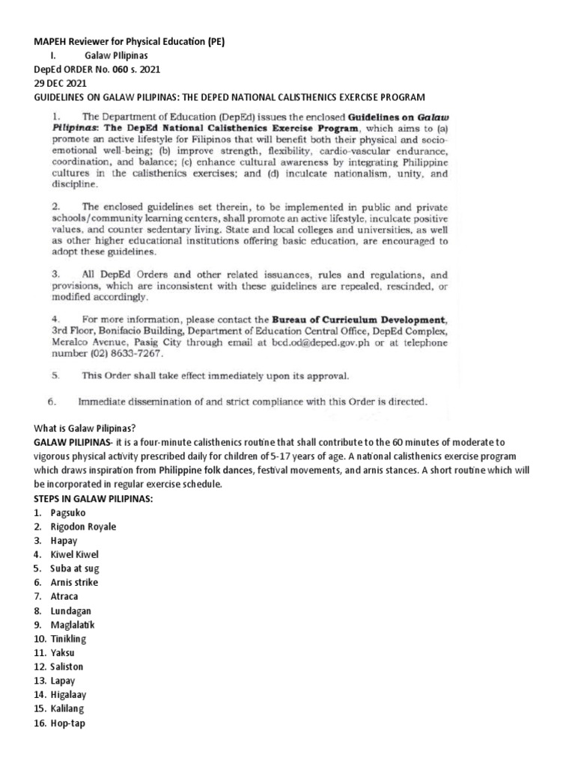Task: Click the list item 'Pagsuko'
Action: (68, 512)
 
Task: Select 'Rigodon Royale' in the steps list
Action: (83, 527)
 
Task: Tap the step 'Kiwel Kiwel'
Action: (75, 554)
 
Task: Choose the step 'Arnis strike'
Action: (74, 583)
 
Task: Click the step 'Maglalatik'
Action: (73, 625)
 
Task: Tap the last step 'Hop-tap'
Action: (68, 723)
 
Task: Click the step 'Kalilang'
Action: (68, 709)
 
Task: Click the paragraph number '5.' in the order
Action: (55, 376)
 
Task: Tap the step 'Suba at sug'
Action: (75, 569)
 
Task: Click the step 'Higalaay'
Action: (70, 695)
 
